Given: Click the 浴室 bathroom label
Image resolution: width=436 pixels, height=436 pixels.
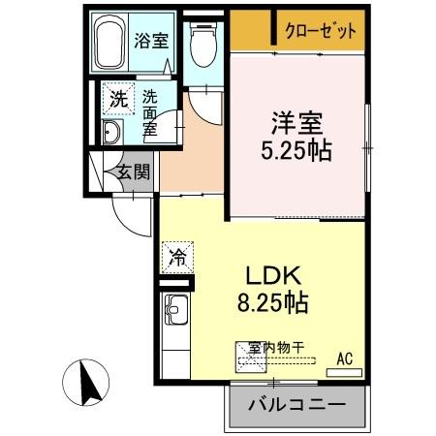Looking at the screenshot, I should point(151,42).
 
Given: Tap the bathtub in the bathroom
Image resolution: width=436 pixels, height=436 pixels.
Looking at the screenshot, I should point(109,44).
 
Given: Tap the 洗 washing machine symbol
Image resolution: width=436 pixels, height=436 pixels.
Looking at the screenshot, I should point(116,98).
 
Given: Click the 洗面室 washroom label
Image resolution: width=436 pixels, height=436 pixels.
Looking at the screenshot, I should point(149,112).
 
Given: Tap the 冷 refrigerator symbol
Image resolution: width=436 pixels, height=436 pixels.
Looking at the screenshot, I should point(177,257).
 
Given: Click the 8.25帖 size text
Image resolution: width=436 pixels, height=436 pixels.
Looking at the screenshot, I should point(273,302).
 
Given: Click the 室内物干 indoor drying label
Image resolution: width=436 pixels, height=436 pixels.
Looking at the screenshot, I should point(276,346).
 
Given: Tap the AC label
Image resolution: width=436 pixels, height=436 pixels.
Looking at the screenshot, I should point(344,359).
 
